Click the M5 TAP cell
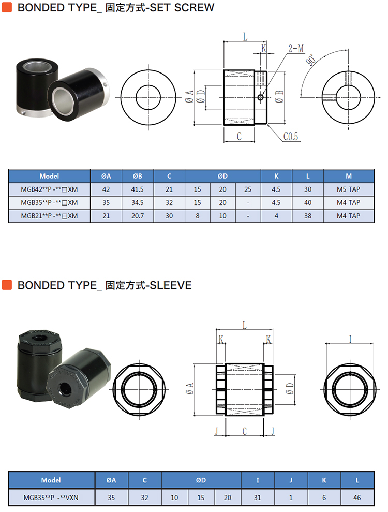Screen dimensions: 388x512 [x=348, y=189]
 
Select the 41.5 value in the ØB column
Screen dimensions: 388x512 [x=138, y=189]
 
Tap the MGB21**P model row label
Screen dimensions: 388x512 [x=49, y=216]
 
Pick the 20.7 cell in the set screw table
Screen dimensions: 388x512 [x=138, y=216]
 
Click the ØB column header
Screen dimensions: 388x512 [x=138, y=176]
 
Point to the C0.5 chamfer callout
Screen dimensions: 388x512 [x=290, y=136]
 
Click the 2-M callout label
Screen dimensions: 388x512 [x=296, y=49]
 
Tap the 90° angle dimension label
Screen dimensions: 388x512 [x=311, y=60]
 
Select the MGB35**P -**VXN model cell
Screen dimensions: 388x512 [x=51, y=498]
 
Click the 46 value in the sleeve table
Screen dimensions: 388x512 [x=357, y=498]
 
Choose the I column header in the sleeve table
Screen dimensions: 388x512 [x=258, y=480]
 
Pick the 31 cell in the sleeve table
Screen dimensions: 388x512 [x=258, y=498]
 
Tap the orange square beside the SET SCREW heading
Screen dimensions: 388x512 [x=7, y=7]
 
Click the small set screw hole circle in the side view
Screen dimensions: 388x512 [x=260, y=97]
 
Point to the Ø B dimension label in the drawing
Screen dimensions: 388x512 [x=279, y=97]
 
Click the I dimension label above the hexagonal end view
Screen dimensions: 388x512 [x=350, y=339]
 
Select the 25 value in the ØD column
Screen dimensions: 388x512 [x=248, y=189]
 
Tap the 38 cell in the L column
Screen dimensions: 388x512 [x=308, y=216]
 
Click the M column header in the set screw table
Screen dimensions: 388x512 [x=349, y=176]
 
